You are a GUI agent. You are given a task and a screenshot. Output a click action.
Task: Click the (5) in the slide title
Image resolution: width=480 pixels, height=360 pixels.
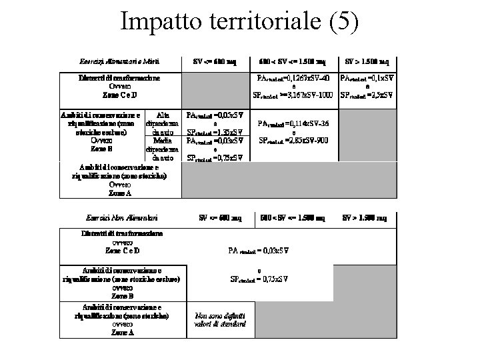tap(344, 21)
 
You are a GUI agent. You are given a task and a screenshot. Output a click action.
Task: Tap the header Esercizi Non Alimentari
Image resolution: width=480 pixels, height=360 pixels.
tap(121, 218)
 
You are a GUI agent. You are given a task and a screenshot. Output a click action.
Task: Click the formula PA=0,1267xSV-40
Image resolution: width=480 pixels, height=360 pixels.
tap(294, 79)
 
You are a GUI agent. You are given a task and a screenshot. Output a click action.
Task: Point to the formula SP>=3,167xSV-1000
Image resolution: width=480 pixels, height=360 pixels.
tap(293, 95)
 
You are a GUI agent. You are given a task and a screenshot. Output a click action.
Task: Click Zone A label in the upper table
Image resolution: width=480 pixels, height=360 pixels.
tap(120, 193)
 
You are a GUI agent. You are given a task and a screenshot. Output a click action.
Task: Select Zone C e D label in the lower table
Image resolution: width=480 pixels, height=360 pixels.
tap(121, 251)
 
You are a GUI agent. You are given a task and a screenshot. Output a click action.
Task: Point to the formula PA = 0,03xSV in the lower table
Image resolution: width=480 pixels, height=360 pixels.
tap(259, 251)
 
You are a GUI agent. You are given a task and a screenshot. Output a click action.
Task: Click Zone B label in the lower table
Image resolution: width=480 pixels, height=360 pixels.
tap(121, 295)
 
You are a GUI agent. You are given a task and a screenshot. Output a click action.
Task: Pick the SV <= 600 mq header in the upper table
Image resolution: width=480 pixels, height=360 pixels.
tap(215, 62)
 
